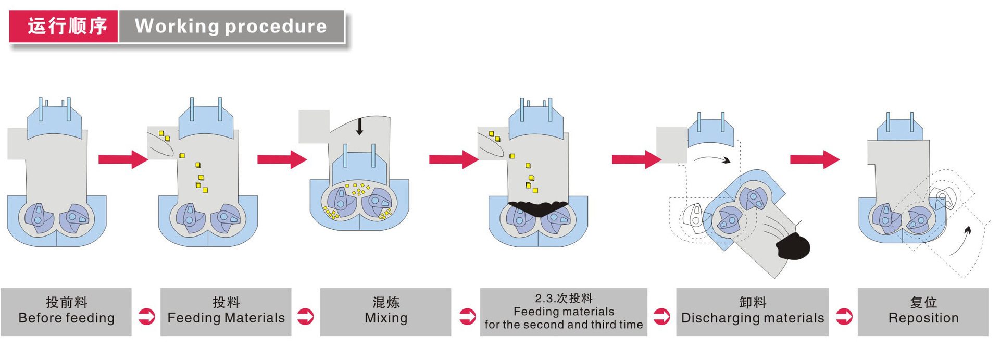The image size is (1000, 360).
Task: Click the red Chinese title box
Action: [64, 26]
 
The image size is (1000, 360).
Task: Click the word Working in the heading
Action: [177, 26]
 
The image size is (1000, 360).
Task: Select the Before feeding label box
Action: [66, 312]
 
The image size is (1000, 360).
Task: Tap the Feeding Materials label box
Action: [226, 312]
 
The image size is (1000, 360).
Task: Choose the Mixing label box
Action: [385, 312]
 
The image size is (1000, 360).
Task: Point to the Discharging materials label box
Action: [752, 312]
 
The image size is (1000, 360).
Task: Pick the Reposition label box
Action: [923, 312]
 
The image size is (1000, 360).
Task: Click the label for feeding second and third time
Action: [564, 312]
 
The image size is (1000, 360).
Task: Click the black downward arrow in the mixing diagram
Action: [359, 127]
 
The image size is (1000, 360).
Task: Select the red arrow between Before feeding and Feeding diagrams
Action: [123, 159]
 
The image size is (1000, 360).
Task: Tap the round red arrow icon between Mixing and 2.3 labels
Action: [467, 316]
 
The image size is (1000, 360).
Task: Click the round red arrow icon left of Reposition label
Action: [844, 316]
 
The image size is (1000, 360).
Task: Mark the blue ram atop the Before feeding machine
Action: [54, 122]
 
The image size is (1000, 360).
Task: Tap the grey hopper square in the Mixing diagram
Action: [314, 126]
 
